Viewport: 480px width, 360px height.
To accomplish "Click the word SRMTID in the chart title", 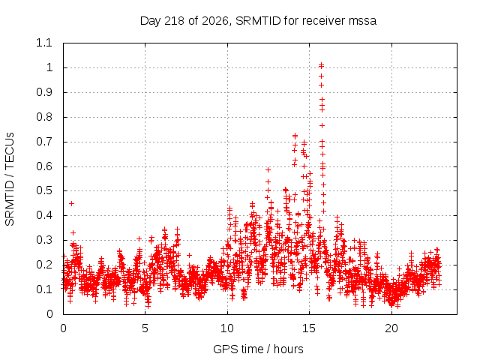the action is (258, 21).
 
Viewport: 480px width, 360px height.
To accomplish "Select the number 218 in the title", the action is (174, 21).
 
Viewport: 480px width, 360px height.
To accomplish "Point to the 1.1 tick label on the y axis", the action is (44, 43).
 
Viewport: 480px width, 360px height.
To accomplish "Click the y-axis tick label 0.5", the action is (44, 190).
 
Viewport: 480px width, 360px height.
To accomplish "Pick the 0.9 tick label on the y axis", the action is (44, 92).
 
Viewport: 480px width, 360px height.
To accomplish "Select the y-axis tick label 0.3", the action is (44, 240).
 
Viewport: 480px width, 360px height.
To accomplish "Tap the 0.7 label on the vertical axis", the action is (44, 142).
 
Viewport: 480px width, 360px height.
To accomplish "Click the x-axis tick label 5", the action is (145, 328).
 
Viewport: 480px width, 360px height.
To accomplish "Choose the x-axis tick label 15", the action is (309, 328).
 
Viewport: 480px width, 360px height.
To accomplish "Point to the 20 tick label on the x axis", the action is (391, 328).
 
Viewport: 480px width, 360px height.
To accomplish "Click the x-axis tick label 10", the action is (227, 328).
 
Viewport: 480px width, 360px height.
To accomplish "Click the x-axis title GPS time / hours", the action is (258, 349).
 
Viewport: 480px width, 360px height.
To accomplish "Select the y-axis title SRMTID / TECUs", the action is (10, 179).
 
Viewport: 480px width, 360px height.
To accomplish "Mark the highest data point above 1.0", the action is (321, 64).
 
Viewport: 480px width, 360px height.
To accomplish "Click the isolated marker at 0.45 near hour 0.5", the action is (72, 203).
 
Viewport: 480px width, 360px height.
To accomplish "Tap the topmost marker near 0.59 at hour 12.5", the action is (268, 169).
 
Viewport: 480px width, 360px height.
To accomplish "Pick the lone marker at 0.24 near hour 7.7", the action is (190, 255).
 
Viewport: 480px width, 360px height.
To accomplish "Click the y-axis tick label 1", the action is (49, 67).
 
